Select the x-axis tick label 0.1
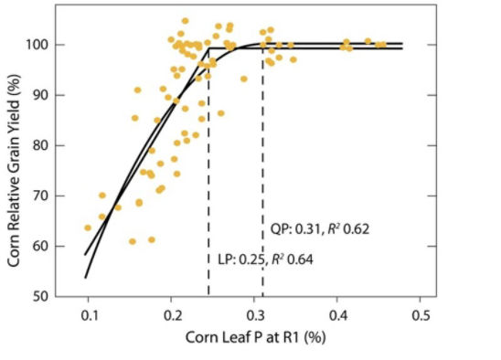click(90, 315)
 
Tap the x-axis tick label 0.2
click(173, 315)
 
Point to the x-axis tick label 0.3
click(256, 315)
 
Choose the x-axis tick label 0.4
click(338, 315)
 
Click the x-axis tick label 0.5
click(421, 315)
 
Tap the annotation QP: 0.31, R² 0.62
click(319, 228)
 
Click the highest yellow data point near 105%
click(185, 20)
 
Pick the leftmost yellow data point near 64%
click(88, 228)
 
